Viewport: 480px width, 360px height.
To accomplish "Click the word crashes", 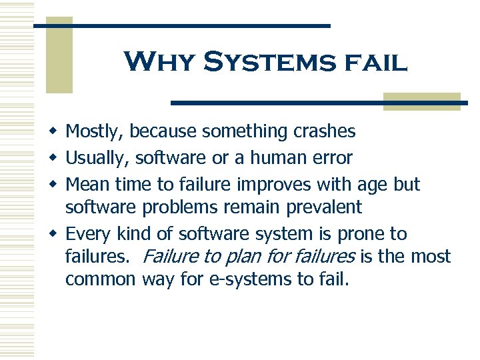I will [324, 131].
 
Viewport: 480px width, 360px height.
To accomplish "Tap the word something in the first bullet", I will [245, 131].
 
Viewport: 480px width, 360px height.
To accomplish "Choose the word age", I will [375, 185].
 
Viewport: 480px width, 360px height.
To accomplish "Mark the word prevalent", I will [324, 208].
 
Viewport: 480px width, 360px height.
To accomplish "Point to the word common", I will [101, 279].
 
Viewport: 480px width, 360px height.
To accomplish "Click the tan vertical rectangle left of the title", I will [59, 56].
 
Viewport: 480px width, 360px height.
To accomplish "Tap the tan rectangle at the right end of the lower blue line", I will [422, 101].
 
